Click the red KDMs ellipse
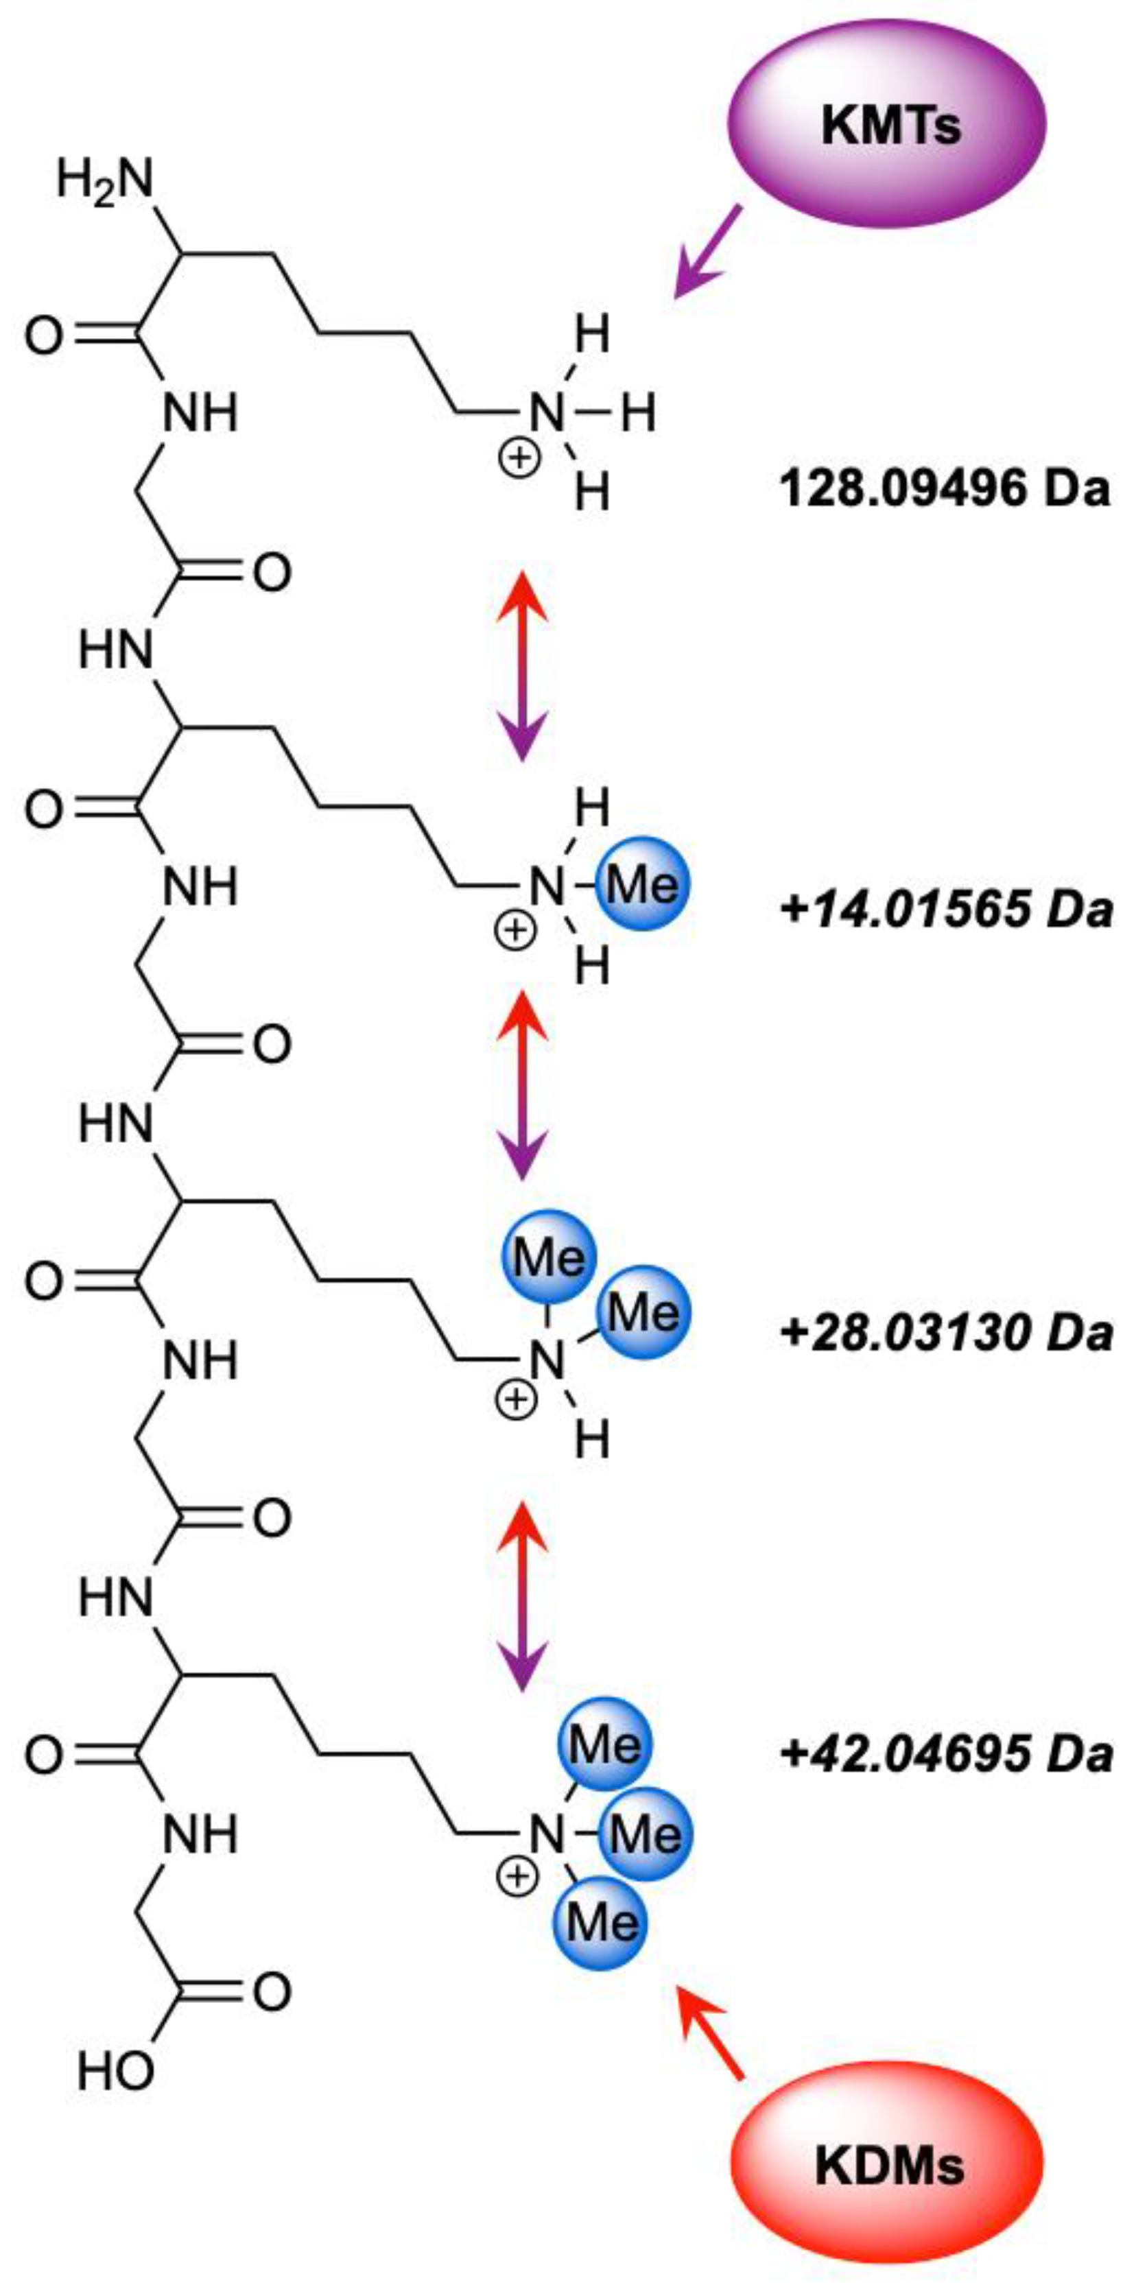click(887, 2166)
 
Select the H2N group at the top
click(105, 181)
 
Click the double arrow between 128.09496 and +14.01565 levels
click(522, 666)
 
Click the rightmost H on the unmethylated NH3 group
click(637, 414)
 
